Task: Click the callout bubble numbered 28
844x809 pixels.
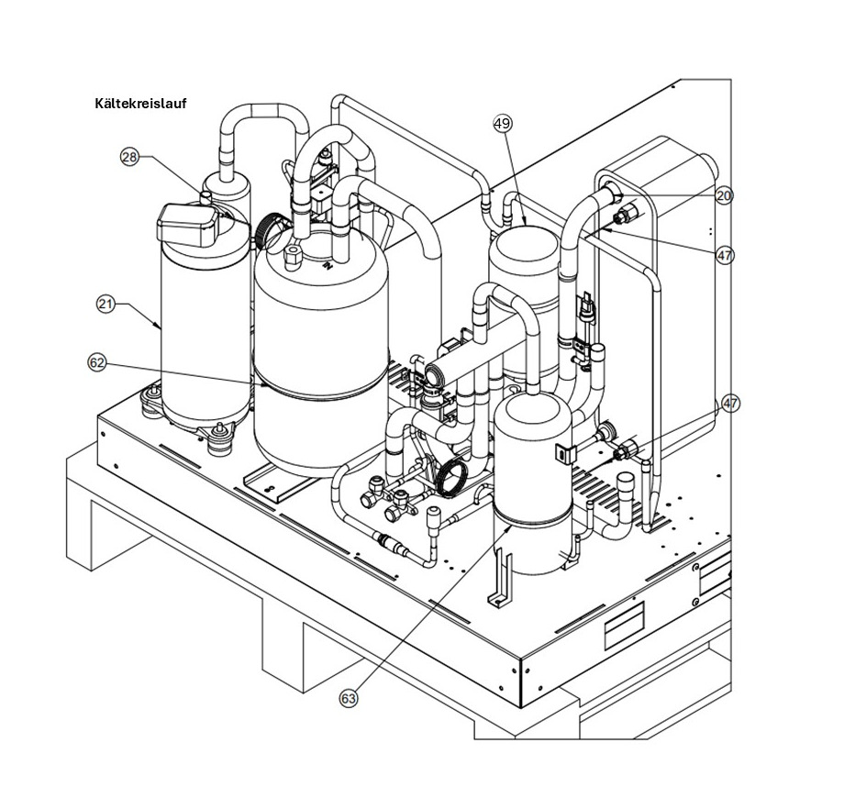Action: pyautogui.click(x=129, y=157)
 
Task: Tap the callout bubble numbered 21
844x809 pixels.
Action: pyautogui.click(x=105, y=305)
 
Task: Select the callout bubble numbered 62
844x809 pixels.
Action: pyautogui.click(x=97, y=363)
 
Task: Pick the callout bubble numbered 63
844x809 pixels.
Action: pyautogui.click(x=349, y=699)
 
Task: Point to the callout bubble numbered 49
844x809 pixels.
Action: pyautogui.click(x=503, y=124)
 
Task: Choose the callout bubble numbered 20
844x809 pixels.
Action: pyautogui.click(x=724, y=196)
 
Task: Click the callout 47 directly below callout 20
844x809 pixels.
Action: pyautogui.click(x=725, y=255)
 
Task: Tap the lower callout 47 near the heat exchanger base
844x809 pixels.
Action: pyautogui.click(x=730, y=404)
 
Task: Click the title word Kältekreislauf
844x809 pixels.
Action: pyautogui.click(x=141, y=104)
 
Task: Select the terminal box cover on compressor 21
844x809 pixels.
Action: pyautogui.click(x=187, y=225)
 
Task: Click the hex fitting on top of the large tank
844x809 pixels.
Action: pyautogui.click(x=293, y=258)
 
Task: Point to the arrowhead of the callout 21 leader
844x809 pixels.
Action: pyautogui.click(x=161, y=327)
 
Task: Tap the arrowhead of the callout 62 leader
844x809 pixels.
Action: pyautogui.click(x=265, y=385)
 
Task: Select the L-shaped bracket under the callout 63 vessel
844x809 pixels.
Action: pyautogui.click(x=500, y=579)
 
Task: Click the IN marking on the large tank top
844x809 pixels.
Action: pyautogui.click(x=327, y=265)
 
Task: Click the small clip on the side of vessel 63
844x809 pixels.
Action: pyautogui.click(x=562, y=454)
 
